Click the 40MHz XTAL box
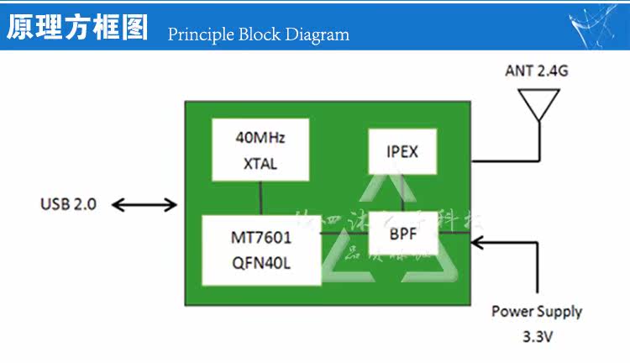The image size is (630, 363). click(x=260, y=150)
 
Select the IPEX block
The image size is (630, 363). click(x=402, y=152)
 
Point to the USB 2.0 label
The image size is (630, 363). click(x=68, y=204)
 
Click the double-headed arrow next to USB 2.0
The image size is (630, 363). click(x=144, y=204)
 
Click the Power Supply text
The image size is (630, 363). click(x=537, y=311)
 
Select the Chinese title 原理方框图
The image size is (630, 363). click(x=77, y=27)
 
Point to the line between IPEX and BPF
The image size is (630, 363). click(x=402, y=193)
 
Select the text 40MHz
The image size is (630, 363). click(x=260, y=137)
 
